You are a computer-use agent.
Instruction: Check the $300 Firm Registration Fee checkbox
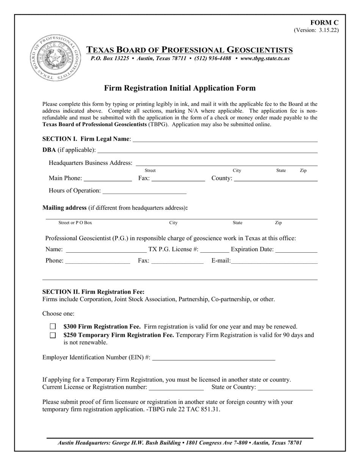[53, 326]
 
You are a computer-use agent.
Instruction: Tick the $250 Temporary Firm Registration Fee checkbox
[53, 335]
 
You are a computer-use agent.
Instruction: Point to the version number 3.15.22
[316, 30]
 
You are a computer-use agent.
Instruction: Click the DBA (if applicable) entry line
[207, 150]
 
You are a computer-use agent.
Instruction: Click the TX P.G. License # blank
[214, 250]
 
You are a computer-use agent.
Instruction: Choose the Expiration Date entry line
[296, 250]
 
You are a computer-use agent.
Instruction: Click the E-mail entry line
[274, 261]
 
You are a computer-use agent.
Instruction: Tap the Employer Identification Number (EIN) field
[213, 358]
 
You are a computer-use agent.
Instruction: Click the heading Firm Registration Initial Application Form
[180, 88]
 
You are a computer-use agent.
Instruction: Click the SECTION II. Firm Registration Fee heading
[93, 292]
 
